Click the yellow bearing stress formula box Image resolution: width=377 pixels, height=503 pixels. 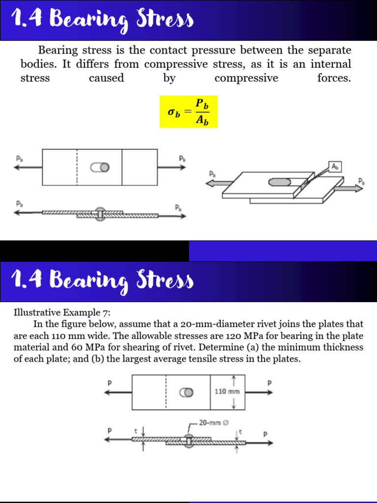[188, 112]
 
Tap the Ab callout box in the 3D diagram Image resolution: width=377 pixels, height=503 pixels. [334, 167]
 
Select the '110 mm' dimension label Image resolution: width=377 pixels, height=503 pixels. [227, 392]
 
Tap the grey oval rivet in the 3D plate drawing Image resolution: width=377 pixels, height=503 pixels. [279, 182]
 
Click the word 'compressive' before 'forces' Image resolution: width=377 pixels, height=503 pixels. [246, 79]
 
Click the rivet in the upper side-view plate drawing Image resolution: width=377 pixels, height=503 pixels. [100, 214]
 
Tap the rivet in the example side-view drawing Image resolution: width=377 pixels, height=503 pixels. [189, 441]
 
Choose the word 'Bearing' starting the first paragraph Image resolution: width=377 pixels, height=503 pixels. [57, 51]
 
